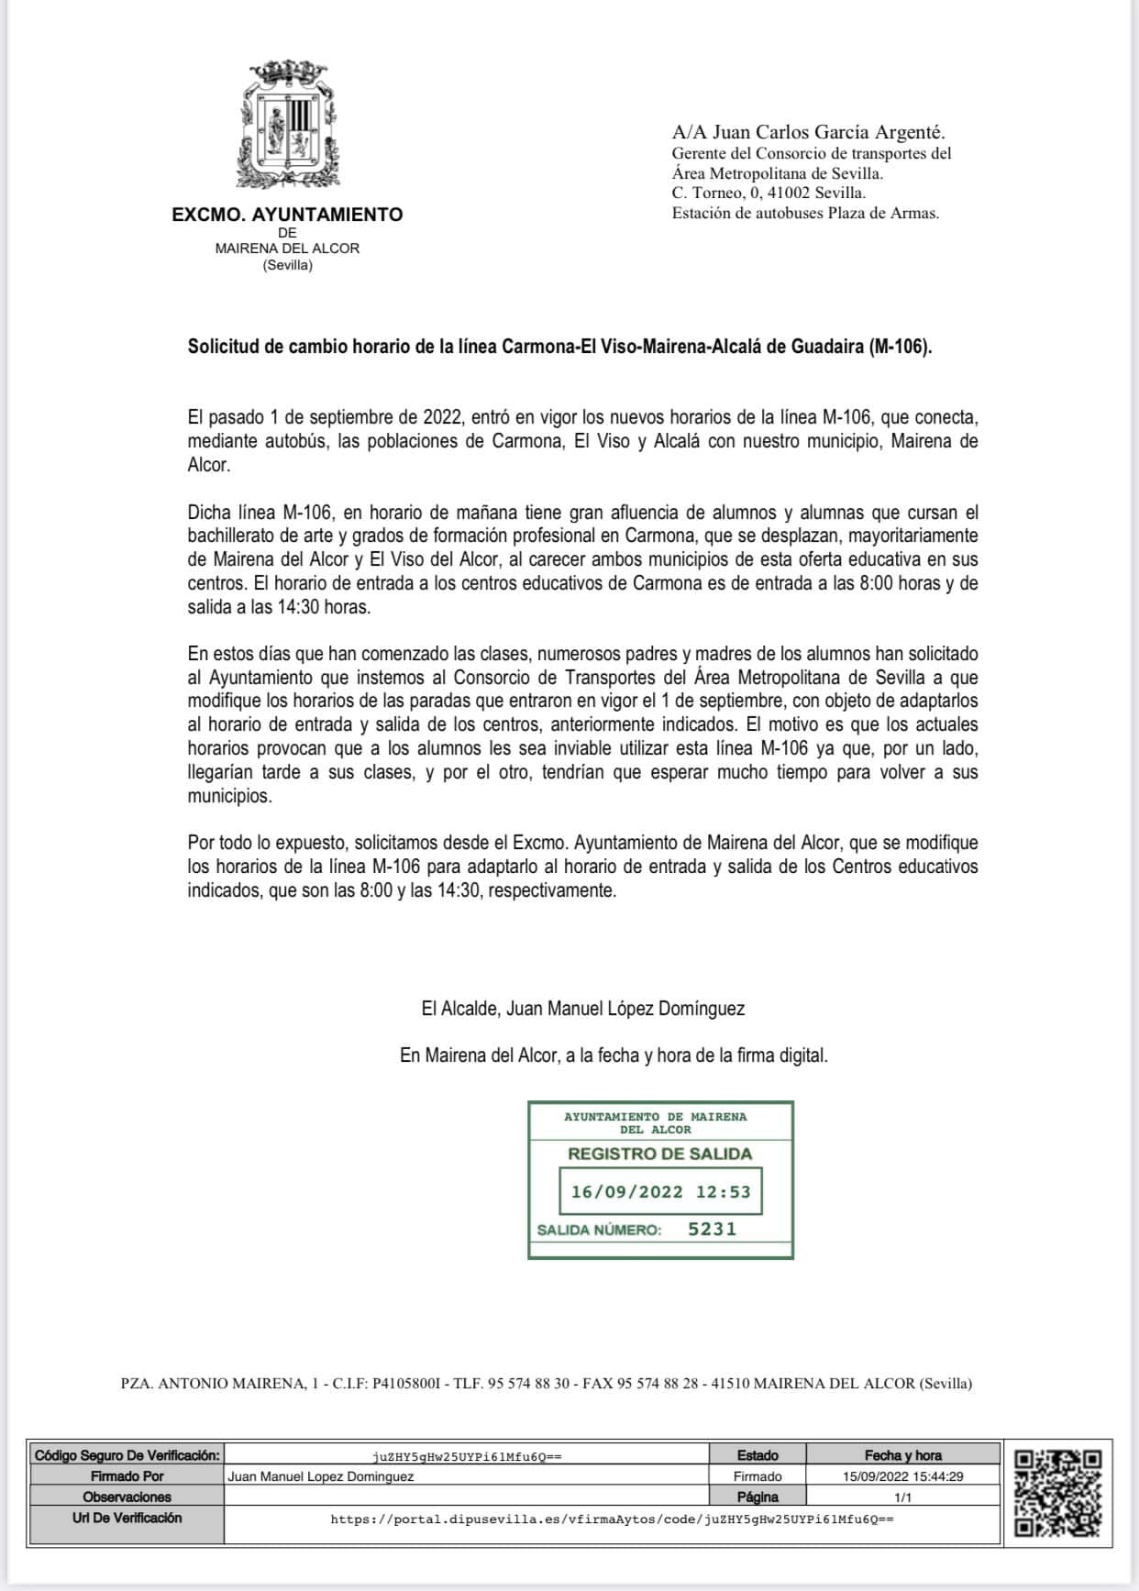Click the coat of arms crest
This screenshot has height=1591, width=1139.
click(288, 125)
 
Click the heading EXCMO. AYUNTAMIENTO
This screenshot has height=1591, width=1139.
click(287, 215)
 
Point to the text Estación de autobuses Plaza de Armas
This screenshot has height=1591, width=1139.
click(805, 214)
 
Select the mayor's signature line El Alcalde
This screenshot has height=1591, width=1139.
click(582, 1009)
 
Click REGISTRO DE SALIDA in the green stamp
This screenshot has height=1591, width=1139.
click(659, 1154)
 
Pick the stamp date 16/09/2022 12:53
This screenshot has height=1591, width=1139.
click(660, 1192)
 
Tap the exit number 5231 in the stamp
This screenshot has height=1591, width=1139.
click(713, 1229)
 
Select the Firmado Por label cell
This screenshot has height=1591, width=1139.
click(127, 1476)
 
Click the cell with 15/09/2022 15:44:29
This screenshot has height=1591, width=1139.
click(902, 1476)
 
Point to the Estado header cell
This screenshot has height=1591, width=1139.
click(757, 1455)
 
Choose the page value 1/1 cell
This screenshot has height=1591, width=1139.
click(902, 1497)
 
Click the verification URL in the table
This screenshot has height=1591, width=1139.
click(612, 1519)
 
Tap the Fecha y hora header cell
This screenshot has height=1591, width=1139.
click(902, 1455)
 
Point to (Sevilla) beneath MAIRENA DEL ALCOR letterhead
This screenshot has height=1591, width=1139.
click(287, 265)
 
